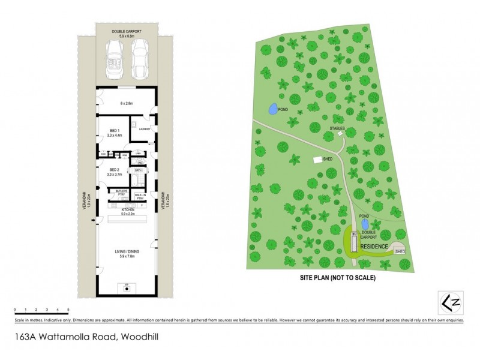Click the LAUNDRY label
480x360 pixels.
pos(144,130)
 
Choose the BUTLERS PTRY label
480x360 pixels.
pos(120,194)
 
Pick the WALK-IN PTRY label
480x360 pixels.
pos(142,196)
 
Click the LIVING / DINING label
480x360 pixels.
pos(127,253)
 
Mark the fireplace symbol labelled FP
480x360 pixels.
pos(127,287)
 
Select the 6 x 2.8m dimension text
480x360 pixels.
pos(127,103)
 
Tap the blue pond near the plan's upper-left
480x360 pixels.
pos(272,109)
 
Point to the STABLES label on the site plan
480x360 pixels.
pos(337,128)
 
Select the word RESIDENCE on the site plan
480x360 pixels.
pos(374,246)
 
